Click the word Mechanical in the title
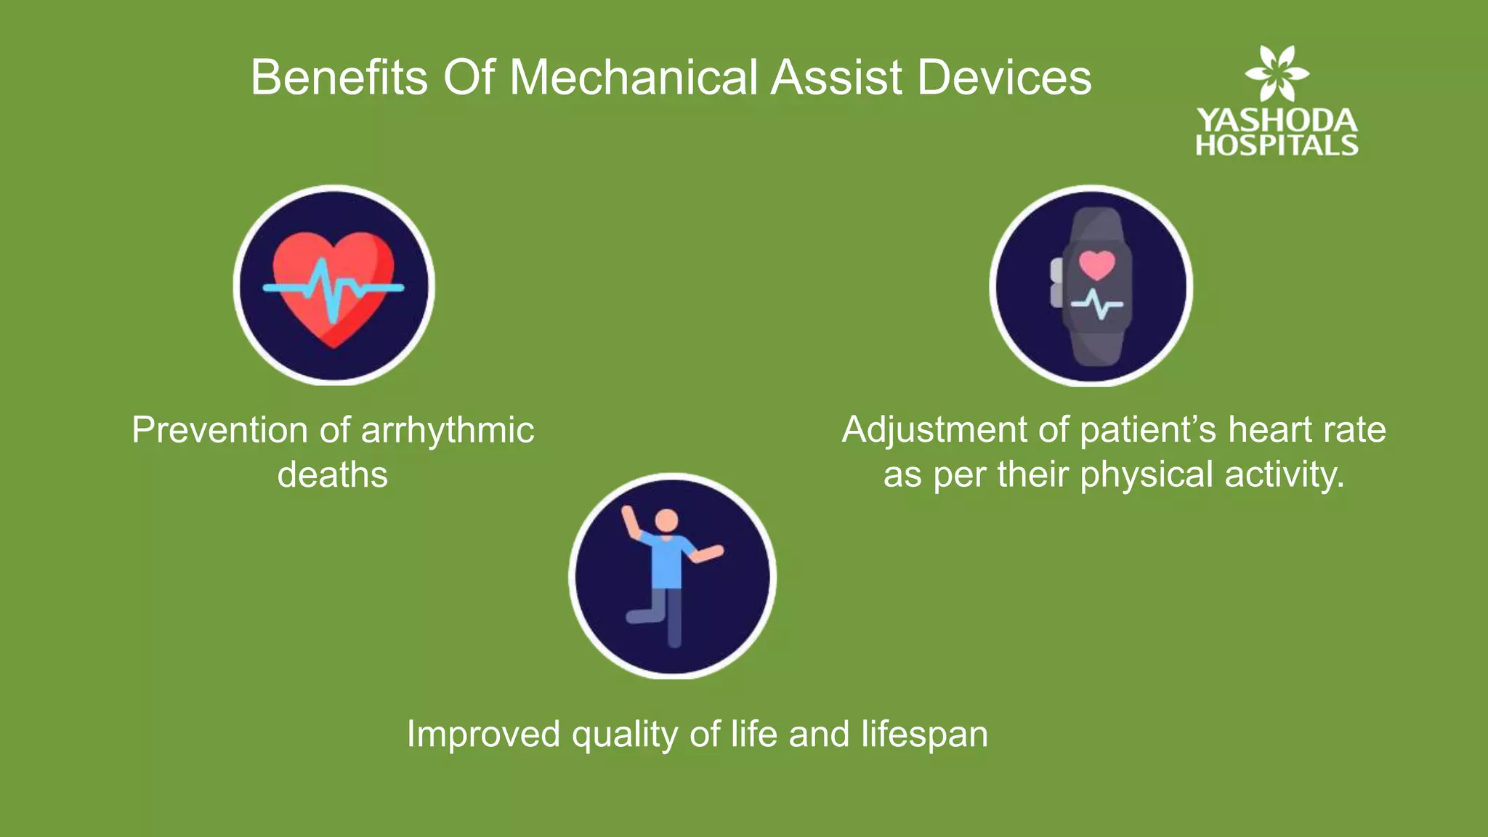coord(634,77)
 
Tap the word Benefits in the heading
coord(339,77)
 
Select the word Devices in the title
coord(1004,77)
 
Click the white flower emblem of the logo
coord(1277,73)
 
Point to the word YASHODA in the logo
coord(1277,121)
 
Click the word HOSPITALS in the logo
coord(1277,145)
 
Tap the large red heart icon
coord(333,287)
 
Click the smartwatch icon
coord(1096,286)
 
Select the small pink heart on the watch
coord(1096,264)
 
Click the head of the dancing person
coord(666,520)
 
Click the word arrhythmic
coord(448,430)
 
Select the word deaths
coord(333,475)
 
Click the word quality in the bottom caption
coord(625,734)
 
